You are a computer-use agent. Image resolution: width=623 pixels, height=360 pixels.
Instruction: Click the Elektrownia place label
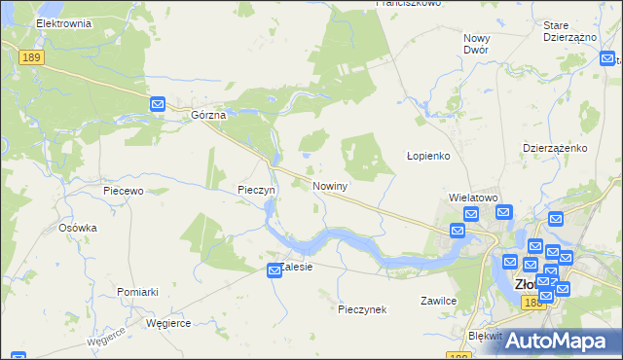click(62, 22)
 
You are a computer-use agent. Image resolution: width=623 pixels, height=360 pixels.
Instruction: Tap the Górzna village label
click(208, 115)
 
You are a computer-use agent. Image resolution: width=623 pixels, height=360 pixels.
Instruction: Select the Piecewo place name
click(124, 192)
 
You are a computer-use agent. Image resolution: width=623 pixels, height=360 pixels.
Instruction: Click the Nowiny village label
click(331, 185)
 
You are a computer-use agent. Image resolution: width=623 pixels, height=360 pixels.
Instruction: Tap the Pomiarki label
click(137, 292)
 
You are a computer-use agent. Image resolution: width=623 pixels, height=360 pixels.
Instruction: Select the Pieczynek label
click(362, 309)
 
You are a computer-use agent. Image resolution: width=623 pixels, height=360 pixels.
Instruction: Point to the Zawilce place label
click(438, 301)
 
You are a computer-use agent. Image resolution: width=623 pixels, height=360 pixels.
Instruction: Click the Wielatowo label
click(473, 197)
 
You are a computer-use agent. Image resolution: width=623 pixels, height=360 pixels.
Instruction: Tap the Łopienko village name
click(426, 156)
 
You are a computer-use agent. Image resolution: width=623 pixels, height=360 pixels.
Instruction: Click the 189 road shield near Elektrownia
click(31, 59)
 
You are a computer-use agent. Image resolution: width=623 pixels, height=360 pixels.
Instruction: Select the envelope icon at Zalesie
click(275, 276)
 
